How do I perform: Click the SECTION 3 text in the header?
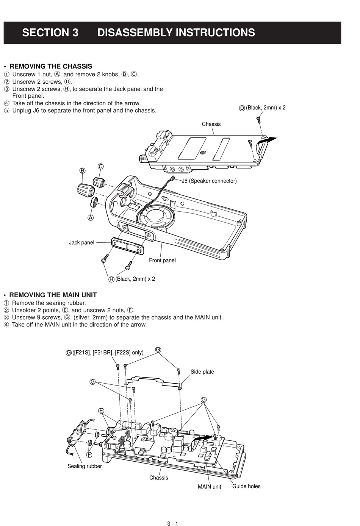point(50,33)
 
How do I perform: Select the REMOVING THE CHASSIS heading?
point(50,66)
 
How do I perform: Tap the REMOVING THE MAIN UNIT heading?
point(53,295)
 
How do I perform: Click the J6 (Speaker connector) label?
point(209,181)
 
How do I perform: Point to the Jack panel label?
point(81,242)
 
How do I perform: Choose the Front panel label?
point(162,260)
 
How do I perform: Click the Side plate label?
point(202,372)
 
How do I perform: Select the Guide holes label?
point(246,486)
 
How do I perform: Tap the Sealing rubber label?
point(85,466)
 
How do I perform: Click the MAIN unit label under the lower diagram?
point(209,487)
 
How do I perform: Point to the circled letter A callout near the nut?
point(91,218)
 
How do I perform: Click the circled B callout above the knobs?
point(82,170)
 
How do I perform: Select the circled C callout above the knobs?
point(100,166)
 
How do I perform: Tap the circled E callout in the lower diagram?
point(101,411)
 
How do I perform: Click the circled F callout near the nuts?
point(89,454)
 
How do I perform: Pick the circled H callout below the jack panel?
point(111,279)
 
